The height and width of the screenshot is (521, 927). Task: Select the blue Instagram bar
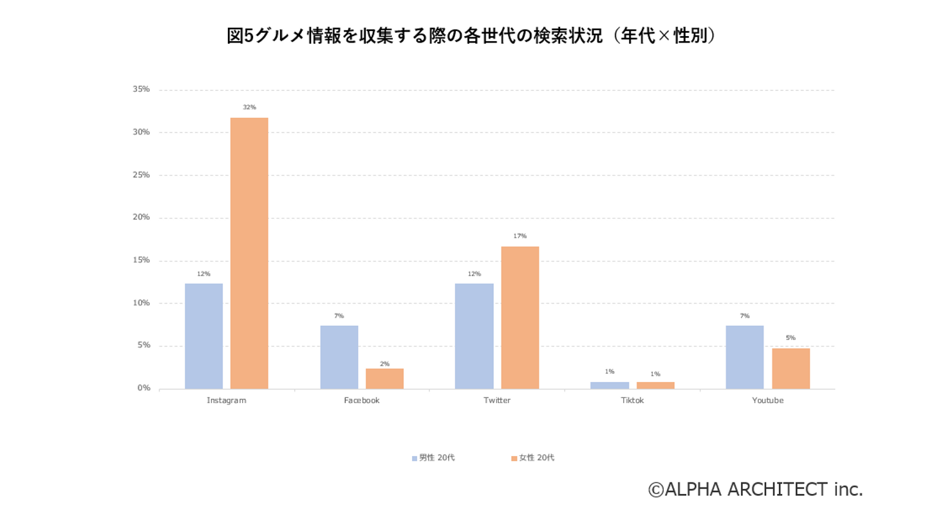(203, 336)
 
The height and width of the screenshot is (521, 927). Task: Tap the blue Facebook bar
(339, 357)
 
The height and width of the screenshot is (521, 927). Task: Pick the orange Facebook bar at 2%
(384, 378)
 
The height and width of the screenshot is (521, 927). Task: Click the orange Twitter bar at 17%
(520, 317)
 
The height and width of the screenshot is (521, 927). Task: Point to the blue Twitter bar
(474, 336)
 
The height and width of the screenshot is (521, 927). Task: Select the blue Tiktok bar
(609, 385)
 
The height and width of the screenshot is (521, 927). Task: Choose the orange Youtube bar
(791, 368)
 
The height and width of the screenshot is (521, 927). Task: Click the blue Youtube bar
(744, 357)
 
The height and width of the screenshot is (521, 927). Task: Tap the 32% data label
(249, 107)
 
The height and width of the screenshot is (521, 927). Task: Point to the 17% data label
(520, 236)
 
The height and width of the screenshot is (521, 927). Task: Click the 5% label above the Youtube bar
(791, 337)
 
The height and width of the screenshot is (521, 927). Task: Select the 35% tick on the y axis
(141, 90)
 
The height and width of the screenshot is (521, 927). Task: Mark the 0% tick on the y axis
(143, 388)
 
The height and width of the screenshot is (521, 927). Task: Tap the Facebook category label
(362, 400)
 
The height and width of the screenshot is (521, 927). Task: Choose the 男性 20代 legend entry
(433, 458)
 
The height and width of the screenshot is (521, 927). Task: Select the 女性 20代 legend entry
(532, 458)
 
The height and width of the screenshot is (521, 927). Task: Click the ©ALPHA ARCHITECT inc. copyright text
(755, 489)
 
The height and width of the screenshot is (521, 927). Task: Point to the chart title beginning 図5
(471, 36)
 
